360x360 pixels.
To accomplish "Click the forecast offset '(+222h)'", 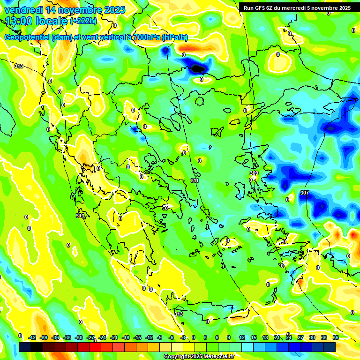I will (x=83, y=21).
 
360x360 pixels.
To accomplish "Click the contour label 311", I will (x=195, y=180).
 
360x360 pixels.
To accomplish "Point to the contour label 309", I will (x=254, y=173).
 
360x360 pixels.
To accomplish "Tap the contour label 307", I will (x=304, y=193).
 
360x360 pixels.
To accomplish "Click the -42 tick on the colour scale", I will (x=32, y=337).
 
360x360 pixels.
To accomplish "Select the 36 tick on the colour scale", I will (x=336, y=337).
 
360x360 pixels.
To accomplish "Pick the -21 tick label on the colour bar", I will (x=114, y=337).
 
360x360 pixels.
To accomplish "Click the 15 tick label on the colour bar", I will (x=254, y=337).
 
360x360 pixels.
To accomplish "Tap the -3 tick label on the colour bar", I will (x=183, y=337).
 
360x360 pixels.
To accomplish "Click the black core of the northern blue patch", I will (x=198, y=68).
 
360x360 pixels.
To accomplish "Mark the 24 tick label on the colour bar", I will (x=288, y=337).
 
